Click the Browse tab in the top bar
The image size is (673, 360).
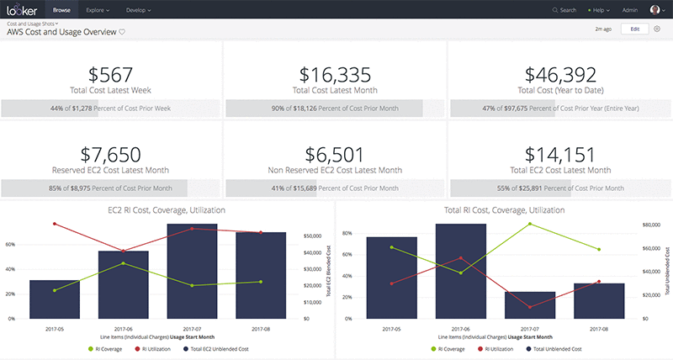click(62, 10)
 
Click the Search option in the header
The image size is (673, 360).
click(564, 10)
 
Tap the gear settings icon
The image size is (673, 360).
click(657, 29)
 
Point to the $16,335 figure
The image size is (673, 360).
click(335, 75)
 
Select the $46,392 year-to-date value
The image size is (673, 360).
click(559, 75)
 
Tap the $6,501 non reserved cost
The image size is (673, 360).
click(335, 154)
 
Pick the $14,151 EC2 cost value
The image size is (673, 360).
click(559, 154)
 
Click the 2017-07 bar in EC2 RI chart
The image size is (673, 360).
click(192, 273)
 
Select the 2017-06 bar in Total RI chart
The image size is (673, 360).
click(461, 273)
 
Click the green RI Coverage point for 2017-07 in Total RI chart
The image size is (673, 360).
click(529, 224)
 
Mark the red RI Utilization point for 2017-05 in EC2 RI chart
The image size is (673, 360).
click(55, 224)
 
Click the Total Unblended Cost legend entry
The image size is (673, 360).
click(561, 347)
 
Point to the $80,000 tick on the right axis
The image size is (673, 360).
click(654, 225)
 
